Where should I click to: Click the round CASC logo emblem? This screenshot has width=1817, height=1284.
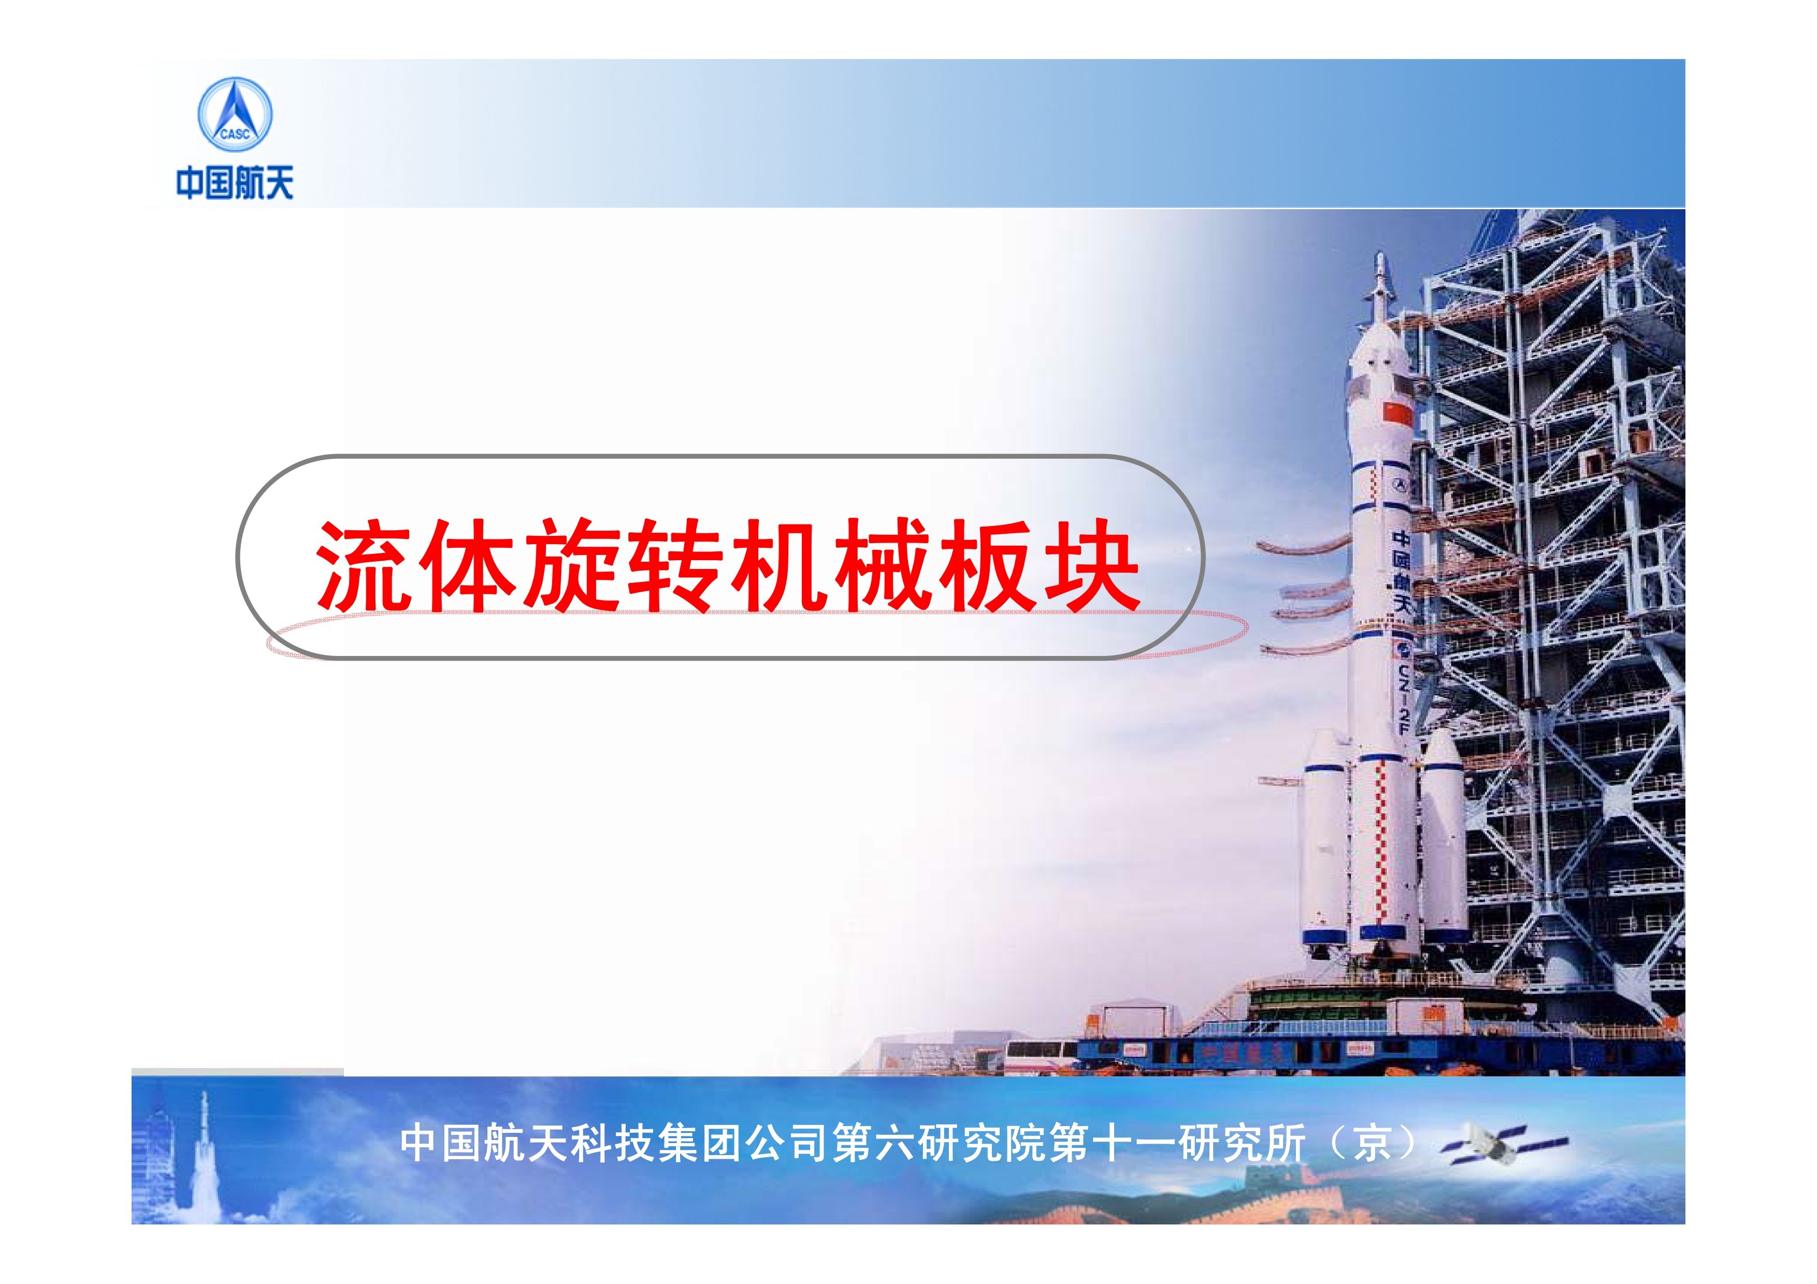pyautogui.click(x=234, y=115)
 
